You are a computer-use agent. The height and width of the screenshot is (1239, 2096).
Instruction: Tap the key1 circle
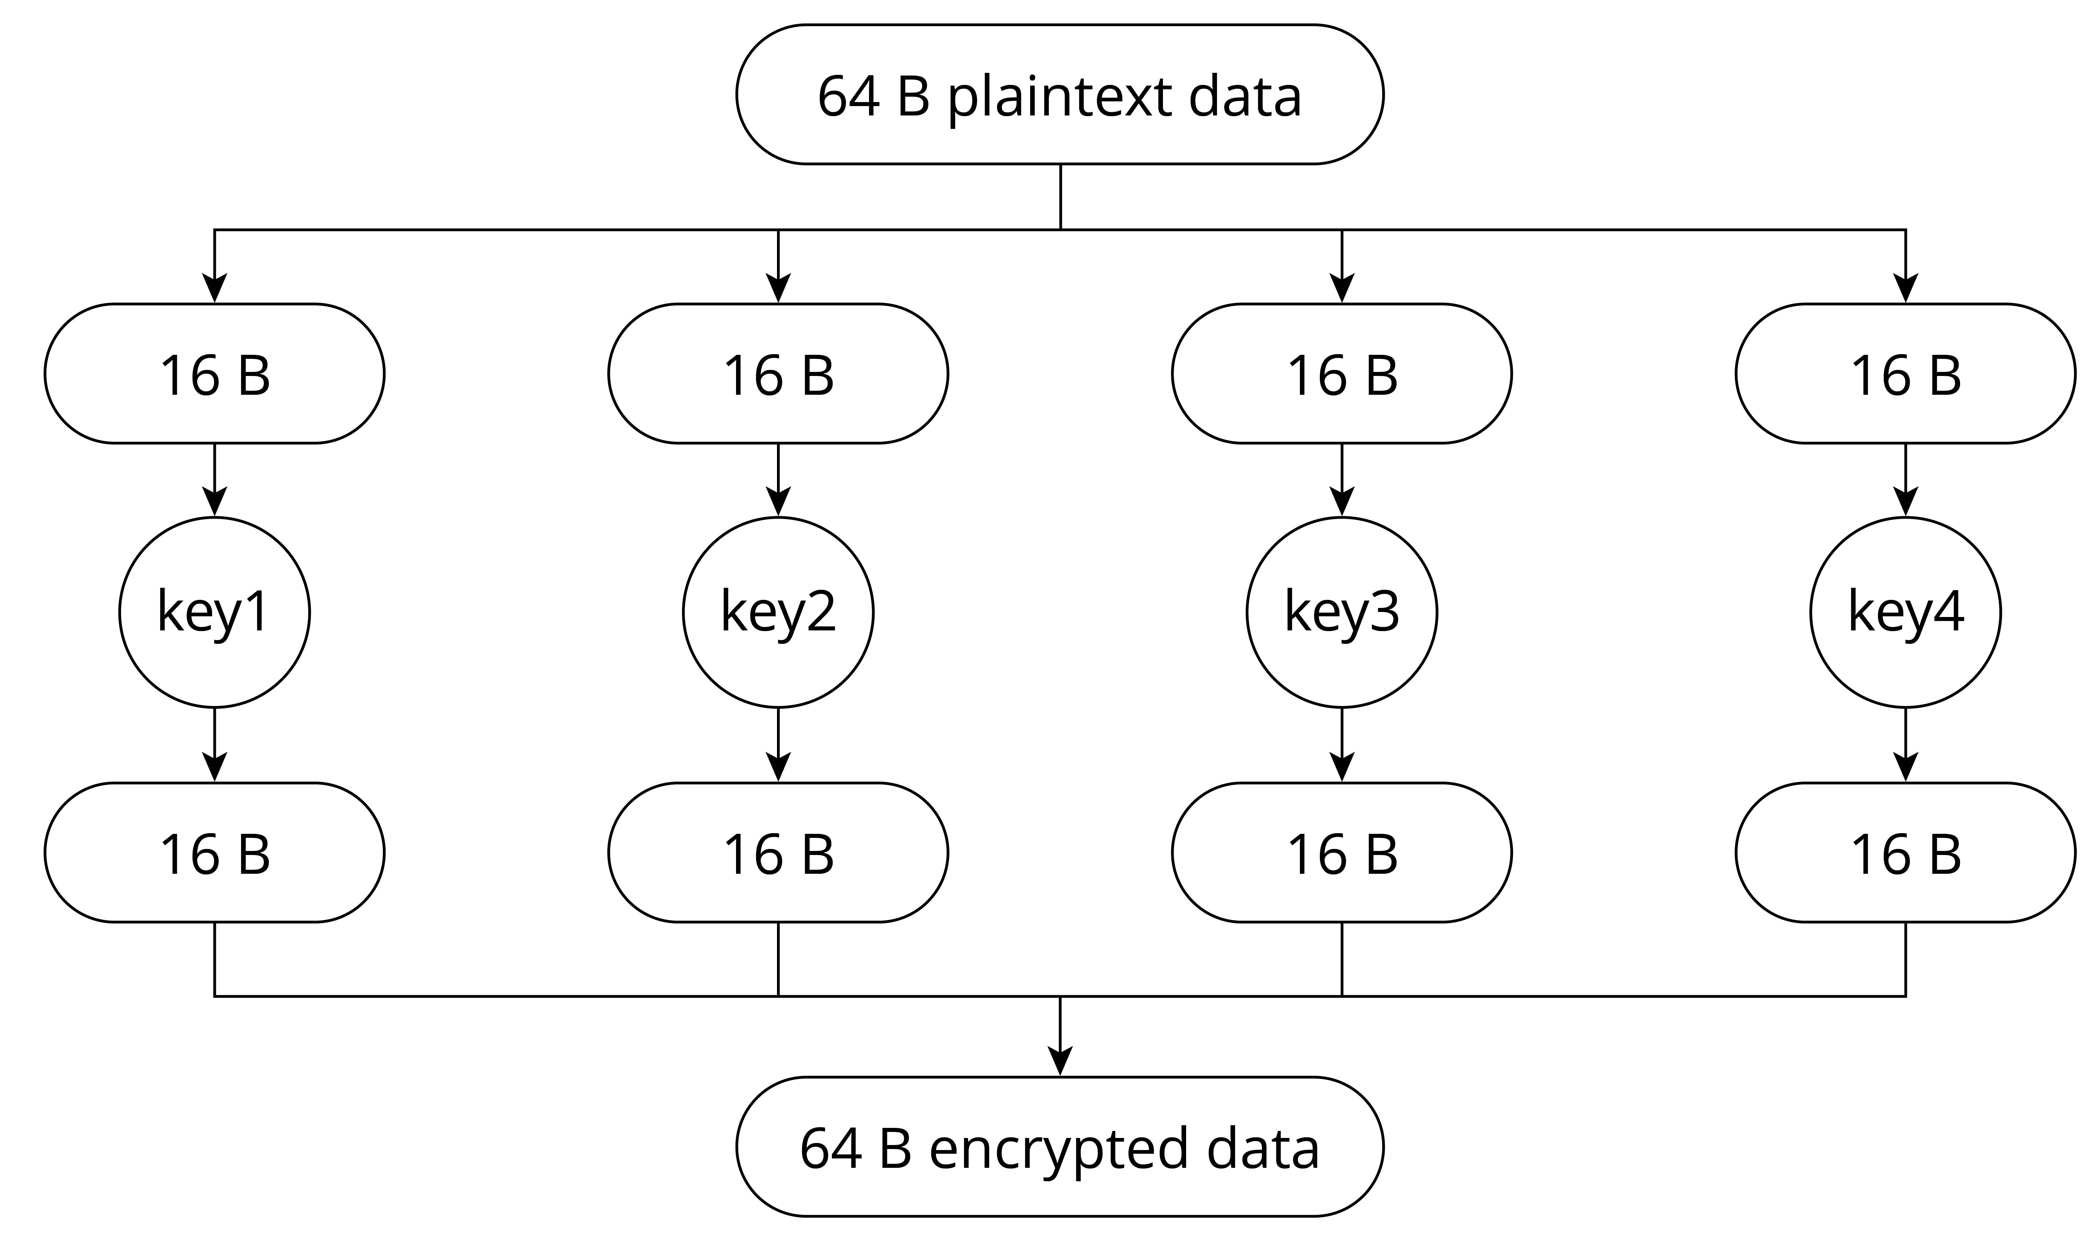coord(214,612)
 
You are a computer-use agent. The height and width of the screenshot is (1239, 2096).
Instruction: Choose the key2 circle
coord(778,612)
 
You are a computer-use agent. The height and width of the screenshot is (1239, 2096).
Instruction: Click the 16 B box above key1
coord(214,373)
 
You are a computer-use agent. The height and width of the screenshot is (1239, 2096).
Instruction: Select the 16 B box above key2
coord(778,373)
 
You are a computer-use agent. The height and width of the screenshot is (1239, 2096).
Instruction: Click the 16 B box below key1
coord(214,852)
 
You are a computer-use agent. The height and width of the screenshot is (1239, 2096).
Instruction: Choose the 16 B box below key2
coord(778,852)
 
